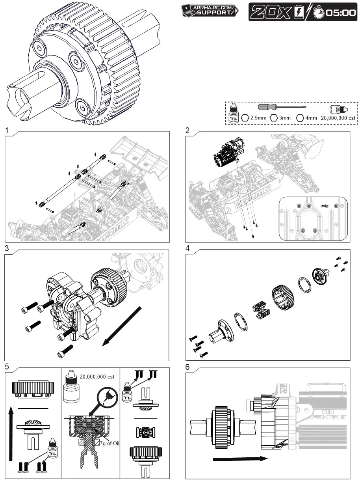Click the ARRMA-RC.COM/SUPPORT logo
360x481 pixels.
coord(210,10)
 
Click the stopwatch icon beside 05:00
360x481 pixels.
coord(319,13)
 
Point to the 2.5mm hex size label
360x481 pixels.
coord(258,118)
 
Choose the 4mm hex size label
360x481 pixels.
coord(311,118)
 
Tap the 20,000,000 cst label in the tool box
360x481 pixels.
coord(338,118)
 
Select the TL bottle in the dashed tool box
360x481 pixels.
coord(234,113)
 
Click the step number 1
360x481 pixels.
coord(7,130)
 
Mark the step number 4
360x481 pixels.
coord(187,248)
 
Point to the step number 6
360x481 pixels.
coord(187,367)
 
